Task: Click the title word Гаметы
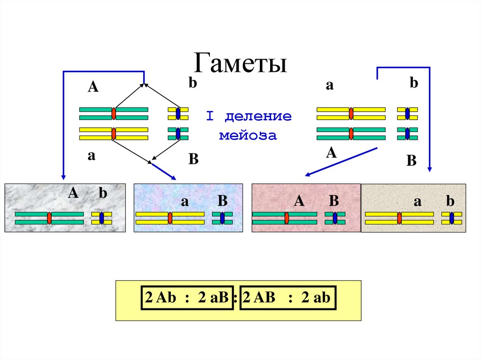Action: [240, 63]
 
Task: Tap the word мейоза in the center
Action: [248, 136]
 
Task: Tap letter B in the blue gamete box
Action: [222, 201]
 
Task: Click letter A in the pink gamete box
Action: [299, 201]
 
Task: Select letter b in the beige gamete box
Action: [450, 201]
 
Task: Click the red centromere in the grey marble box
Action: [49, 218]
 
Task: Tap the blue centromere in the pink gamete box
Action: [335, 218]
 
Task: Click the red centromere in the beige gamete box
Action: [399, 218]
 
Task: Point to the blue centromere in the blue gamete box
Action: [222, 218]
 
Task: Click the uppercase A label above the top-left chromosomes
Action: [93, 87]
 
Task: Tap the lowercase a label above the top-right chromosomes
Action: [330, 85]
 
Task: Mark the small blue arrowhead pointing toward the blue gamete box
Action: [173, 177]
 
